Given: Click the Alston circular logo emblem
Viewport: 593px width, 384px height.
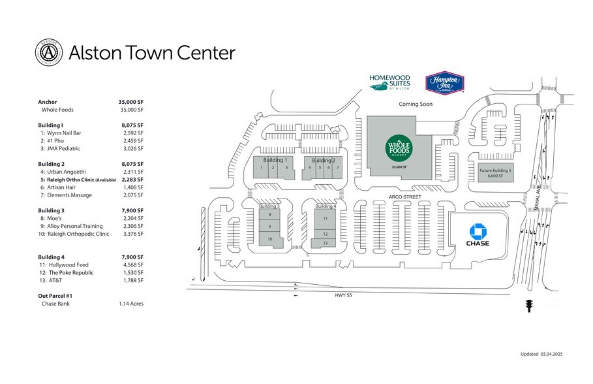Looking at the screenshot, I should [48, 53].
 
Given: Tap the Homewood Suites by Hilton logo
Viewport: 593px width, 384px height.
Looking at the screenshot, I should [389, 82].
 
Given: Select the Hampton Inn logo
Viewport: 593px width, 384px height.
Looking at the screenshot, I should [444, 83].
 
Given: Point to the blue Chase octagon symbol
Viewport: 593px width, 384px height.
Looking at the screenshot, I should [478, 231].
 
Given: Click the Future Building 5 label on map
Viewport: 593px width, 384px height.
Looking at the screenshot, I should [496, 172].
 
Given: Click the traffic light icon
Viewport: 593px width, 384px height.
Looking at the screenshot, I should [529, 305].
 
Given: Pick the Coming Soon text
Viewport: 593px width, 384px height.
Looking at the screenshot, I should [416, 104].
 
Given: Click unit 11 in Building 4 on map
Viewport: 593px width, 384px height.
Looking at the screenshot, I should [325, 218].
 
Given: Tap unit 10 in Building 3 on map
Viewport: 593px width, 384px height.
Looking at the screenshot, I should [269, 239].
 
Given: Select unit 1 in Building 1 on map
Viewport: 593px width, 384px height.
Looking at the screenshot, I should [261, 168].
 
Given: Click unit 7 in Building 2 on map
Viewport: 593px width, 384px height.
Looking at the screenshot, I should [337, 168].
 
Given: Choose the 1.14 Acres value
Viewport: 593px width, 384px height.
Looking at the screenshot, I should [130, 304].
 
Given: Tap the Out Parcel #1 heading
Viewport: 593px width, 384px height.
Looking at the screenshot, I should [57, 296].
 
